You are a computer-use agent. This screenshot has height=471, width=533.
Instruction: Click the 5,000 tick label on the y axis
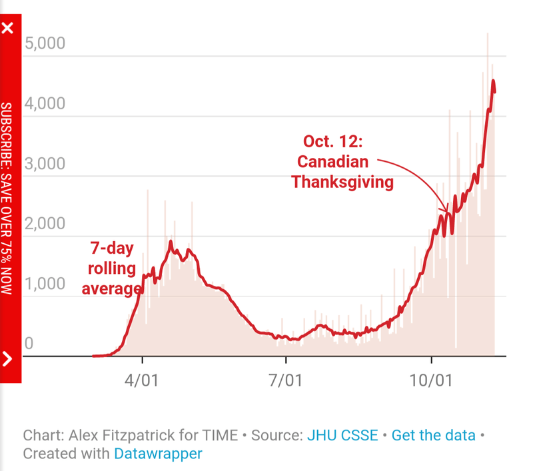(45, 44)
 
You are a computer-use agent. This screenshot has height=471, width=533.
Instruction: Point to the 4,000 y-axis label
(45, 104)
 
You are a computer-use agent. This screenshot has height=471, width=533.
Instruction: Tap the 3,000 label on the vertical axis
(45, 164)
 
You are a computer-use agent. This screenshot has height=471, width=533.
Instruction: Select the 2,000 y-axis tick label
(45, 224)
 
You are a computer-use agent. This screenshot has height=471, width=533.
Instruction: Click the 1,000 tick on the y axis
(45, 284)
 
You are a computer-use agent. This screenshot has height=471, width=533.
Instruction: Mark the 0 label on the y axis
(29, 344)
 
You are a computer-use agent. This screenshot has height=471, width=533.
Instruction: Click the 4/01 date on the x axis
(142, 382)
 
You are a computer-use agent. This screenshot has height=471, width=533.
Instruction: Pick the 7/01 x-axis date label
(286, 382)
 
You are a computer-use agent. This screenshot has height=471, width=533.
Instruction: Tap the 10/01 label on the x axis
(430, 382)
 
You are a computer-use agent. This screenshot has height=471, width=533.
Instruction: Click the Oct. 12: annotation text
(332, 141)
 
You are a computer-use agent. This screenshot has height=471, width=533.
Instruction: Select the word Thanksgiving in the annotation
(342, 181)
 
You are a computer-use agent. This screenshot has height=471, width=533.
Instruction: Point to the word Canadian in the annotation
(332, 161)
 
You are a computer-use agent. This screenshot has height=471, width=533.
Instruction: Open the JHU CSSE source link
(342, 436)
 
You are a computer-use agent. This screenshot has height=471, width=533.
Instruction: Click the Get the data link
(434, 436)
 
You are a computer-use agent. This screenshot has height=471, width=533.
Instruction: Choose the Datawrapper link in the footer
(158, 454)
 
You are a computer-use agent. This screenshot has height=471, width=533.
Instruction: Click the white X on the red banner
(8, 29)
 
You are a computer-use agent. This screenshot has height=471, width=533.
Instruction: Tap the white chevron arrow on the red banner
(8, 359)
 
